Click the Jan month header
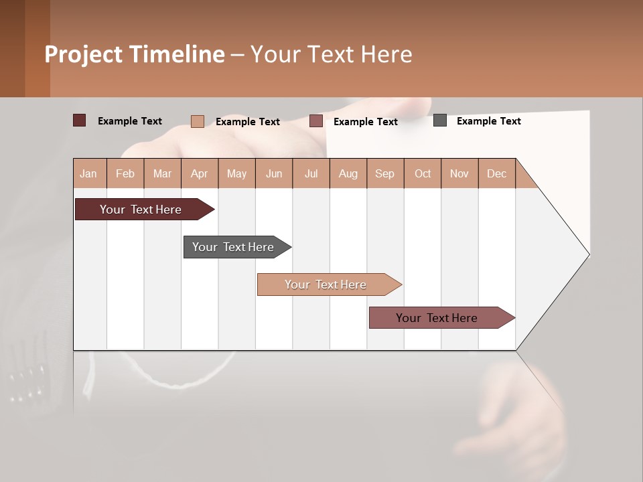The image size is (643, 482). pos(89,173)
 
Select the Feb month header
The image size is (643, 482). pos(125,173)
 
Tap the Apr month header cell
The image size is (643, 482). pos(200,173)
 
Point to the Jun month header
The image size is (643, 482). pos(274,173)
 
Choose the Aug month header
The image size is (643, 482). pos(348,173)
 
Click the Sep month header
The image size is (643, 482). pos(385,173)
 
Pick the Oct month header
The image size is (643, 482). pos(423,173)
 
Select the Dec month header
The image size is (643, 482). pos(497,173)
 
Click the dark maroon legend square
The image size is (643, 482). pos(80,120)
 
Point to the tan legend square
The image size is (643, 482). pos(198,121)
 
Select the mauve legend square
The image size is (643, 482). pos(316,121)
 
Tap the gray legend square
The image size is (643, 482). pos(440,120)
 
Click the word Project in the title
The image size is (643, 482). pos(83,54)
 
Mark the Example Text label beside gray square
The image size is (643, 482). pos(489,121)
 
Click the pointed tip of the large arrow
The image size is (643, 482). pos(587,254)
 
